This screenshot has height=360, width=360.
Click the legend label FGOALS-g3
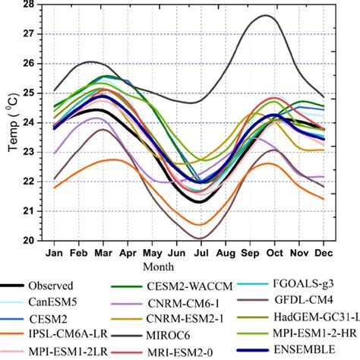coord(312,288)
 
